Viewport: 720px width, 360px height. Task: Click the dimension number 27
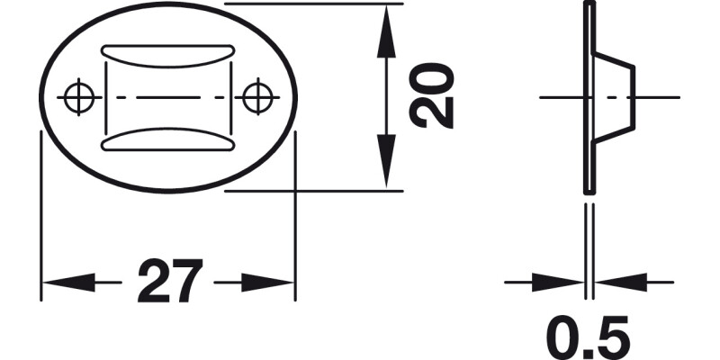pyautogui.click(x=169, y=283)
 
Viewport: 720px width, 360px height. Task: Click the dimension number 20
pyautogui.click(x=431, y=96)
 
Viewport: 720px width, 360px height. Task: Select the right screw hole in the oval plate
pyautogui.click(x=257, y=95)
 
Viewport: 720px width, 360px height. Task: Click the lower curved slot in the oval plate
pyautogui.click(x=168, y=139)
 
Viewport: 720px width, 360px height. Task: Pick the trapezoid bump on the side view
pyautogui.click(x=616, y=96)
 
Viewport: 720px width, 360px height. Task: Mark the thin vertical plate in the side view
pyautogui.click(x=589, y=162)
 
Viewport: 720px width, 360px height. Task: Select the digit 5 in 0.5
pyautogui.click(x=612, y=336)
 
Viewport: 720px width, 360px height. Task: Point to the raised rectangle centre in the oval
pyautogui.click(x=168, y=96)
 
